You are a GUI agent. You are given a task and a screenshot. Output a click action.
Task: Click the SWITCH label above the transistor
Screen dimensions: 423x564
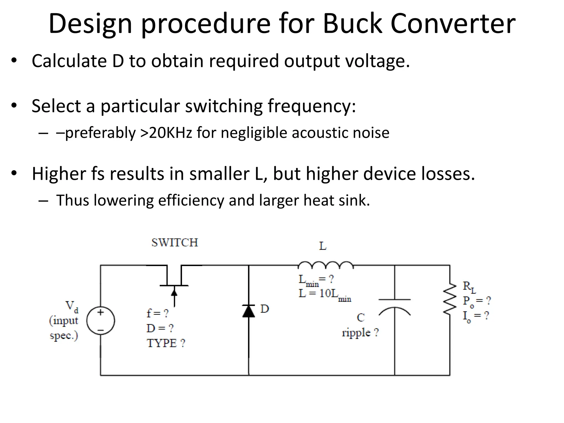pyautogui.click(x=175, y=243)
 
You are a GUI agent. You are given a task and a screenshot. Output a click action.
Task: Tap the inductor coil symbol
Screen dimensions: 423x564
pyautogui.click(x=326, y=265)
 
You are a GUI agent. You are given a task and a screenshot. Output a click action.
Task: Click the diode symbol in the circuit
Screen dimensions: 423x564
pyautogui.click(x=249, y=311)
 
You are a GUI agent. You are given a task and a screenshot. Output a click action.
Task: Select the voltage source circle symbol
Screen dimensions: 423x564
pyautogui.click(x=101, y=321)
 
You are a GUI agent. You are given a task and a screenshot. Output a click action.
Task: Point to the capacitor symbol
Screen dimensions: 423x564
pyautogui.click(x=395, y=306)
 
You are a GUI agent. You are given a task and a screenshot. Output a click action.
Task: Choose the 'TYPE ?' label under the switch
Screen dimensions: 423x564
pyautogui.click(x=166, y=343)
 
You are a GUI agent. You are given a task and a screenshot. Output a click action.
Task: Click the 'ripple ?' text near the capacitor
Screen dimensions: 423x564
pyautogui.click(x=360, y=333)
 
